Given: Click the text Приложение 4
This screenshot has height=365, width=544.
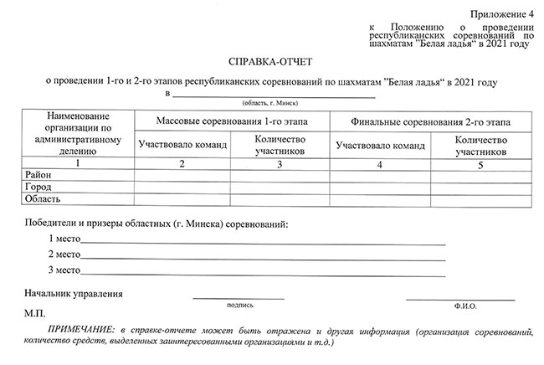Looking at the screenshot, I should (x=500, y=14).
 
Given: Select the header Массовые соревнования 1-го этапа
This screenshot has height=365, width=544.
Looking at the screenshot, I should (x=232, y=121).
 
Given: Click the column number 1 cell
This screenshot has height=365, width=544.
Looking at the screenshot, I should (x=78, y=164).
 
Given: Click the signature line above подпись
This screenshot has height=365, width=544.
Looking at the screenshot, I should (x=239, y=297).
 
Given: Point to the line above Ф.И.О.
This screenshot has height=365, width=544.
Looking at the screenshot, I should (x=459, y=297).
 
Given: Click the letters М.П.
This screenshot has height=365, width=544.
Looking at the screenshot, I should (x=35, y=312).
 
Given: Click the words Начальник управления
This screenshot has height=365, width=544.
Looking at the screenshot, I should (x=74, y=294).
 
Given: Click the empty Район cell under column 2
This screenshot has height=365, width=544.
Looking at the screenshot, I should (x=182, y=176).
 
